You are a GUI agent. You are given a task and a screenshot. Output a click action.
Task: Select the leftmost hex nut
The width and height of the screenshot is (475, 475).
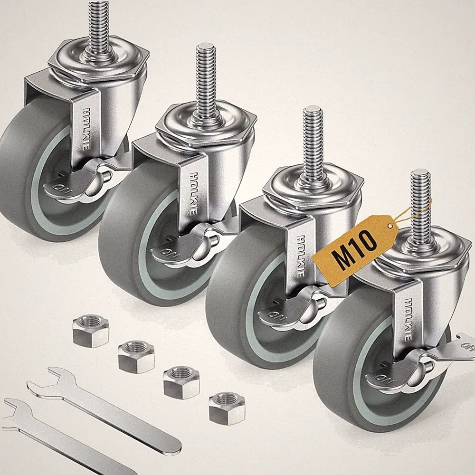[91, 331]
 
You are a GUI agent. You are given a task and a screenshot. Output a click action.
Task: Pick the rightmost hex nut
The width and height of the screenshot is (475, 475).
[227, 408]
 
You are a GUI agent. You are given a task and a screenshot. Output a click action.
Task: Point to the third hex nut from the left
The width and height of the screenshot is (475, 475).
[181, 382]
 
